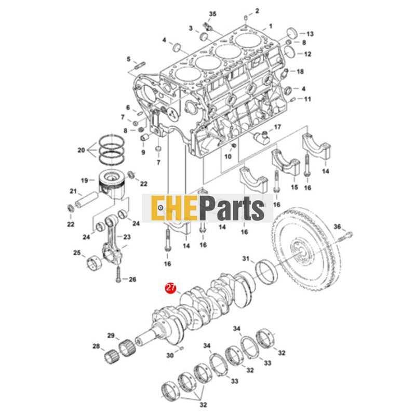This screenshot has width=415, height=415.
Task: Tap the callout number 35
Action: [212, 12]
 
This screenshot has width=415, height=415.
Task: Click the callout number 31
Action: [246, 258]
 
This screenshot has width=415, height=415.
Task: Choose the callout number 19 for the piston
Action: [84, 180]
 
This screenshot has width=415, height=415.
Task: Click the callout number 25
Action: [77, 253]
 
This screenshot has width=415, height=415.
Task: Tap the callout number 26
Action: [132, 279]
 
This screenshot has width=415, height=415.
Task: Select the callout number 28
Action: [96, 346]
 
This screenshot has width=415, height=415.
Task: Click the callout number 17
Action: [277, 127]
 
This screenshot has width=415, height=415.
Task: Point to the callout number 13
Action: [310, 33]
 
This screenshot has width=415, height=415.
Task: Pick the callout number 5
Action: [129, 59]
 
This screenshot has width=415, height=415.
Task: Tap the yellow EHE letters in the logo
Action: [172, 209]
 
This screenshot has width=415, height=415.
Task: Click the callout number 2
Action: [256, 11]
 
